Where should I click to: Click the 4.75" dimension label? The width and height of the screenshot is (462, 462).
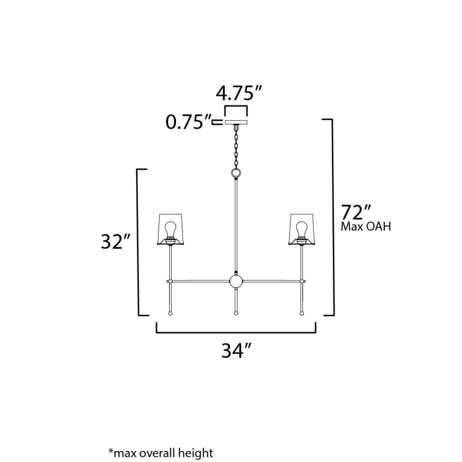click(x=239, y=93)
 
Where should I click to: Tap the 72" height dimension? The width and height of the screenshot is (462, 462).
click(x=355, y=212)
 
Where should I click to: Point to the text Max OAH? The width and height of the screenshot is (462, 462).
click(x=365, y=226)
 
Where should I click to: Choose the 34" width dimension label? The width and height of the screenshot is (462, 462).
click(x=236, y=351)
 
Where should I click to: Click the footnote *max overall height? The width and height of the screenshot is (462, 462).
click(x=161, y=453)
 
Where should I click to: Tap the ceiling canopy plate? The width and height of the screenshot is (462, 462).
click(x=236, y=122)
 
